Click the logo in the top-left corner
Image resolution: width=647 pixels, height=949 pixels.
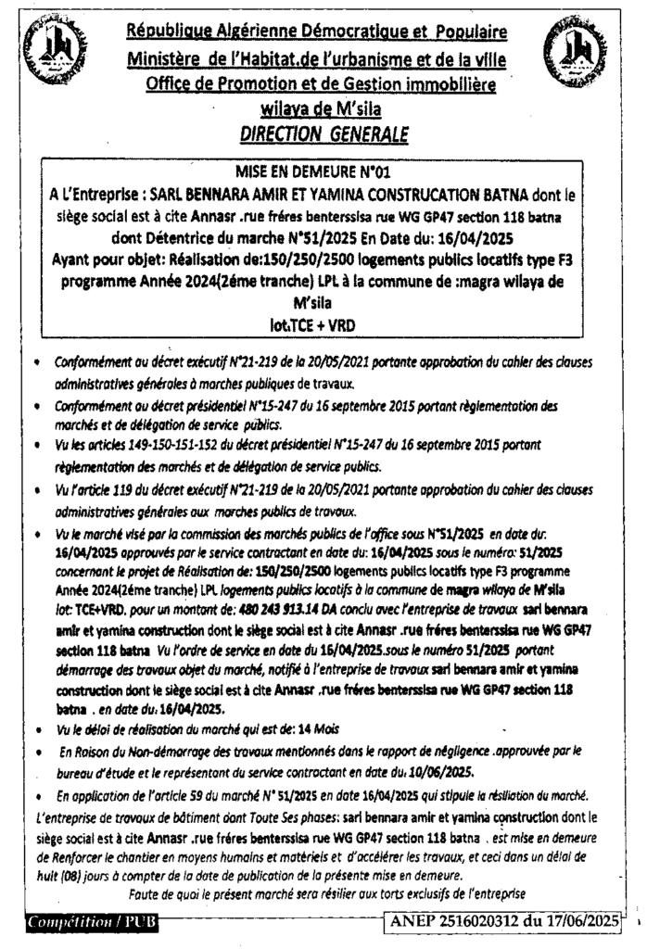tap(47, 52)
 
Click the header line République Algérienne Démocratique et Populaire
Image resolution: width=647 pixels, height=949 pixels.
tap(318, 33)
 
